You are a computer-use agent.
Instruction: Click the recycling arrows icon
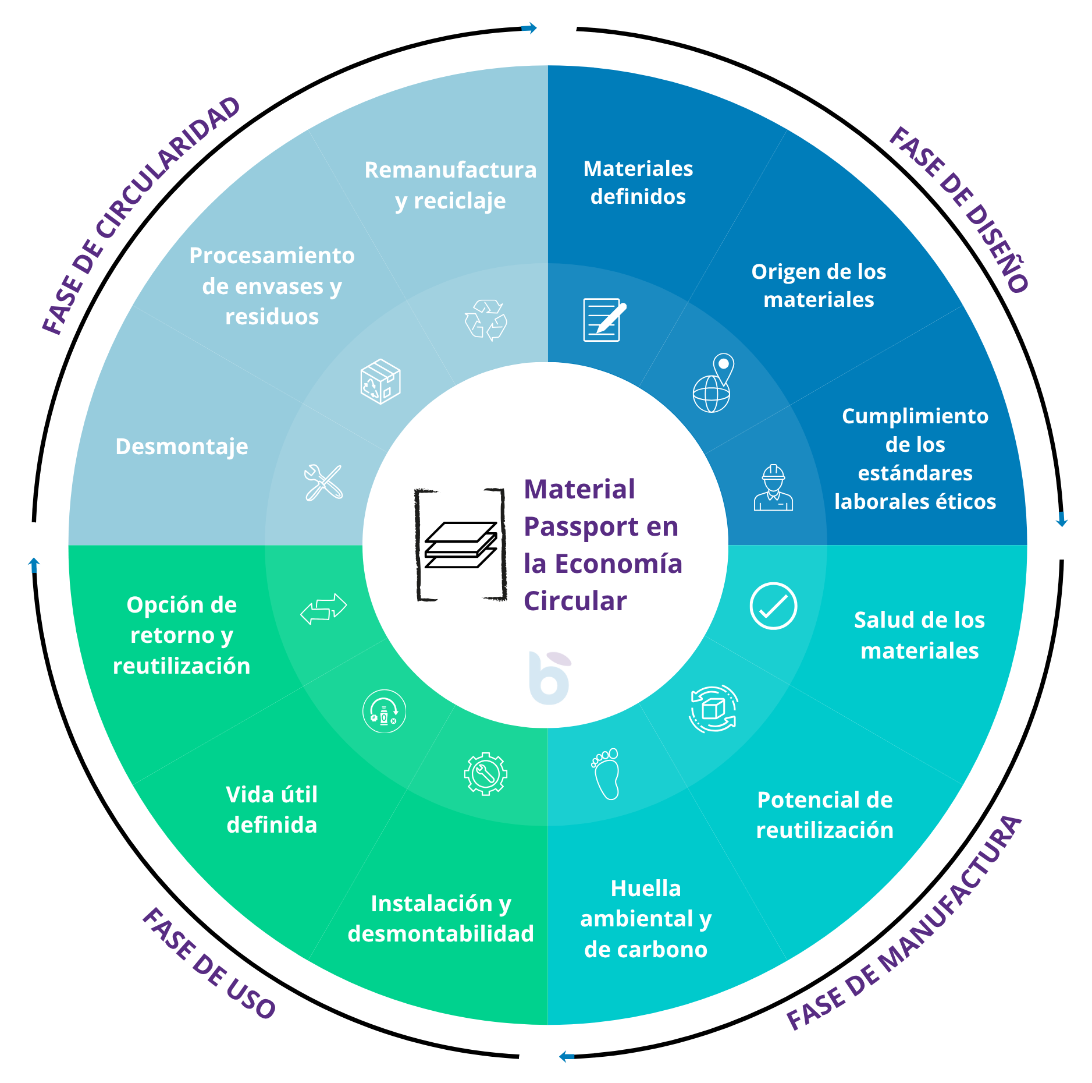(x=486, y=320)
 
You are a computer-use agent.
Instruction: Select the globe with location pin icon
(x=713, y=383)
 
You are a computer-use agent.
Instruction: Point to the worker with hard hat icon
(x=773, y=488)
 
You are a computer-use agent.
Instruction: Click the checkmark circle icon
(x=773, y=606)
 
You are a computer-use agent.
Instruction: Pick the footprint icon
(x=606, y=774)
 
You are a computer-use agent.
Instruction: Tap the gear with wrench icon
(x=486, y=774)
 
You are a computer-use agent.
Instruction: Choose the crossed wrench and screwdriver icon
(x=323, y=482)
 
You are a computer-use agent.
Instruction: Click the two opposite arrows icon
(x=323, y=608)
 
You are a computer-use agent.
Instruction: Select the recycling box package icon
(x=380, y=381)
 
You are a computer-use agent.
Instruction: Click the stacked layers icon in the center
(x=461, y=545)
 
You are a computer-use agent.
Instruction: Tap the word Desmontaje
(x=182, y=447)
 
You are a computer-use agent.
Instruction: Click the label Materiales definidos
(x=638, y=182)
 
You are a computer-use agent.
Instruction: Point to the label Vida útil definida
(x=272, y=809)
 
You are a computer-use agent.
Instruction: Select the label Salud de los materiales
(x=919, y=635)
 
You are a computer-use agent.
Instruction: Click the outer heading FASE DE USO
(x=209, y=964)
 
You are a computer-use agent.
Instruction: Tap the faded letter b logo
(x=550, y=678)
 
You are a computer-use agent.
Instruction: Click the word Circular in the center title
(x=575, y=601)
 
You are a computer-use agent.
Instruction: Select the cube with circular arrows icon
(x=713, y=709)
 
